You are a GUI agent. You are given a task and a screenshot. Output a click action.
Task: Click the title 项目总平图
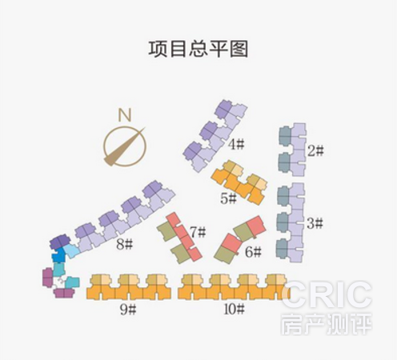pos(198,49)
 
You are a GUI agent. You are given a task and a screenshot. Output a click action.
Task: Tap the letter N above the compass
pos(125,115)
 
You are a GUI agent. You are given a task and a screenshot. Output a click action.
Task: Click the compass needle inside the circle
pos(124,147)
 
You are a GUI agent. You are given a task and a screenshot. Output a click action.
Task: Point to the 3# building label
pos(315,223)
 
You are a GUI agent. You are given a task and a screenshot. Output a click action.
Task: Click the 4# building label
pos(236,145)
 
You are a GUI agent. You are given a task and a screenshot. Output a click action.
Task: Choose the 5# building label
pos(229,198)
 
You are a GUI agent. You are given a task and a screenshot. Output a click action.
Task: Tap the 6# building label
pos(254,252)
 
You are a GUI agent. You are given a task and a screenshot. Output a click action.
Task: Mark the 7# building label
pos(198,232)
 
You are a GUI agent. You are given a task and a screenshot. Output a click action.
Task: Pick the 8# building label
pos(124,244)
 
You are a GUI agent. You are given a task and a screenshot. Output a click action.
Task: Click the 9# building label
pos(128,310)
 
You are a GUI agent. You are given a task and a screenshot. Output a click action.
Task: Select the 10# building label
pos(235,310)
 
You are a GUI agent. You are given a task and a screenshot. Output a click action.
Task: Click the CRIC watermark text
pos(326,294)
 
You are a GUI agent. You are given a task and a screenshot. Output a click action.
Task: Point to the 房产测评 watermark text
pos(326,323)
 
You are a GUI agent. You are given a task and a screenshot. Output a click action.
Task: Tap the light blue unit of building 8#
pos(71,250)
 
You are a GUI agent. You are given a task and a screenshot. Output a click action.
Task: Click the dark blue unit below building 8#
pos(58,255)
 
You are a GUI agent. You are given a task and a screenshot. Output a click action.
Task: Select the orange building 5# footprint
pos(239,182)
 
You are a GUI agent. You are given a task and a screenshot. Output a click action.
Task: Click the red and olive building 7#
pos(179,238)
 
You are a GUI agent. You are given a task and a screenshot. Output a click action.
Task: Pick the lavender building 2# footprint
pos(292,150)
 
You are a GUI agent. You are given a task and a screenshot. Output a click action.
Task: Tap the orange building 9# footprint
pos(129,286)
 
